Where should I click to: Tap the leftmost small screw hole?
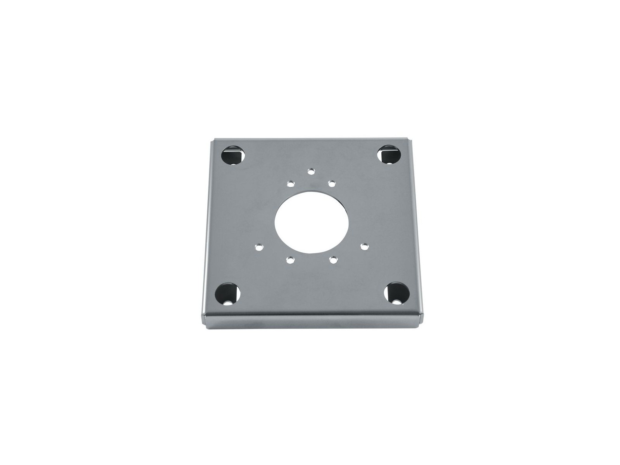coord(258,246)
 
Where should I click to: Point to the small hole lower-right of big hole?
coord(332,260)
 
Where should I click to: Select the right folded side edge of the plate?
coord(418,229)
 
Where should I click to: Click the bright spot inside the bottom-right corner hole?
coord(396,300)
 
